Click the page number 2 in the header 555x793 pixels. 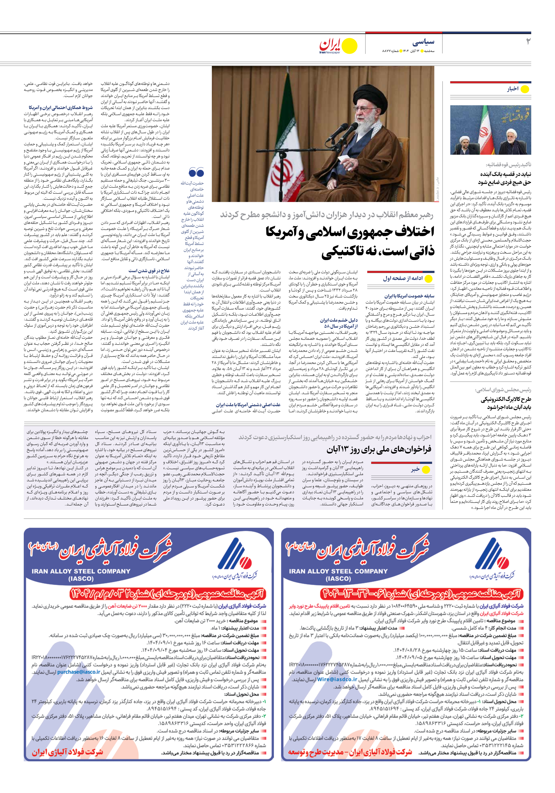point(528,42)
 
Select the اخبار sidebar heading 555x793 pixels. point(513,89)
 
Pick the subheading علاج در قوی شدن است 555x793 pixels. point(149,271)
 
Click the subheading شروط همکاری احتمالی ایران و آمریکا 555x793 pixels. point(61,107)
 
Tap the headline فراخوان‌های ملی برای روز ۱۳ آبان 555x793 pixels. point(379,449)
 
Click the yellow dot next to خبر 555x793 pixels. point(426,470)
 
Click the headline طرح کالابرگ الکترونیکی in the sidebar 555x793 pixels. point(506,399)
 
